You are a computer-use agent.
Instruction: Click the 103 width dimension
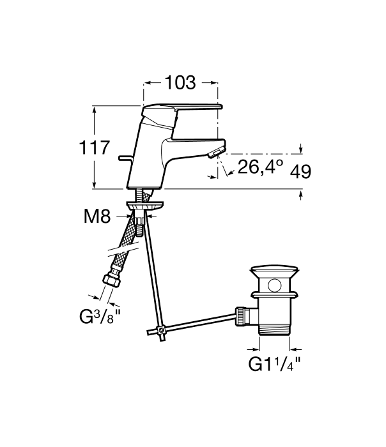[180, 82]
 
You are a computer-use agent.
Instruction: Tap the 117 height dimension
[94, 148]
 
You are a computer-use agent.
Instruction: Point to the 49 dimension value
[300, 172]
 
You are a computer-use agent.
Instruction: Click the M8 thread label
[97, 216]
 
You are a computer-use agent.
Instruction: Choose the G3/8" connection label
[100, 317]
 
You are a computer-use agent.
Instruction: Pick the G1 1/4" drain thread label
[274, 364]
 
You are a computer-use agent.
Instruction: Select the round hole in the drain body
[274, 285]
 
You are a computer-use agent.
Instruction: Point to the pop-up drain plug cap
[274, 271]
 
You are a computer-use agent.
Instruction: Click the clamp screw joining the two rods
[162, 331]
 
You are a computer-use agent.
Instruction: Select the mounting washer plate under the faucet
[145, 205]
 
